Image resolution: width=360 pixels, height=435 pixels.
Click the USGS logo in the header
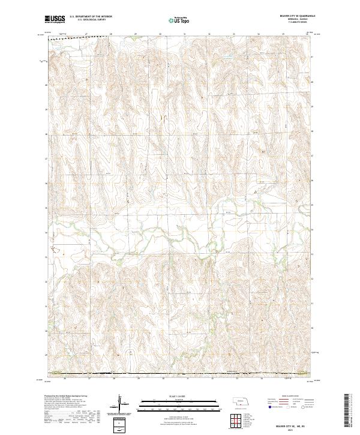[55, 19]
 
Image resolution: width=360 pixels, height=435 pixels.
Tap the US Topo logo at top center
[180, 19]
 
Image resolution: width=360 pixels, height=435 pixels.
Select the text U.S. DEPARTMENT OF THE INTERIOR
[91, 16]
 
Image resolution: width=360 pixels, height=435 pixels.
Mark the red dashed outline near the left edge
[56, 249]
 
